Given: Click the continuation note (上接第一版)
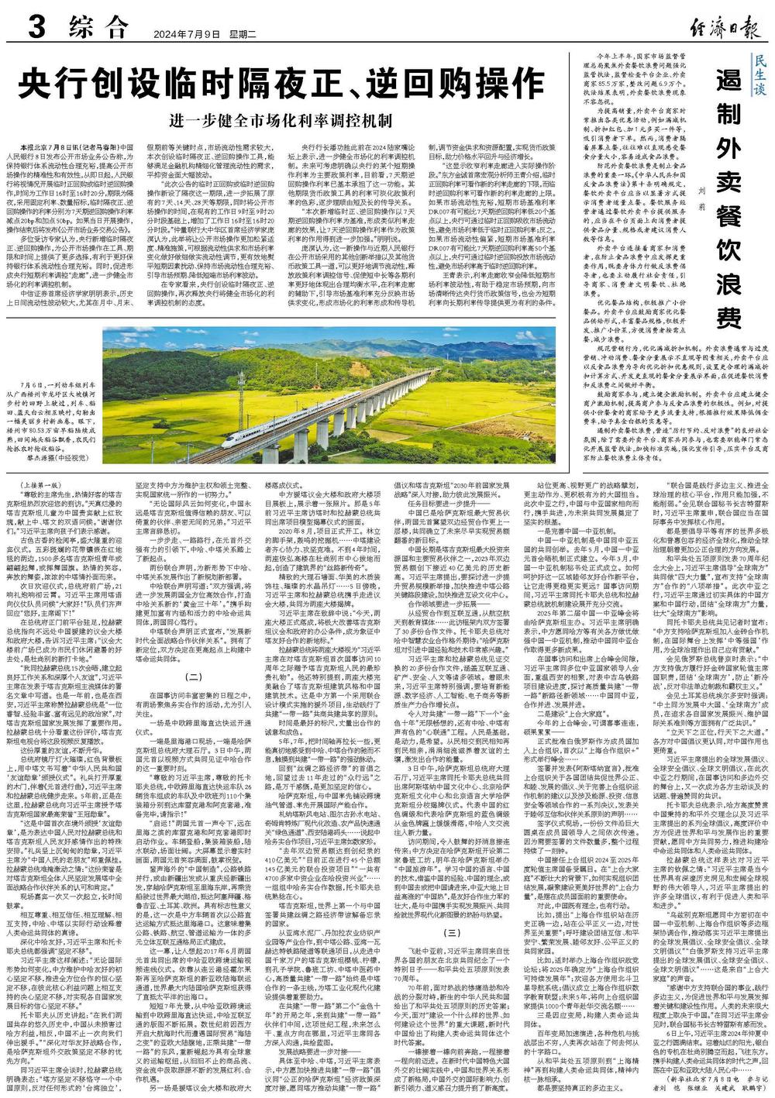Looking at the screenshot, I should [40, 485].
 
